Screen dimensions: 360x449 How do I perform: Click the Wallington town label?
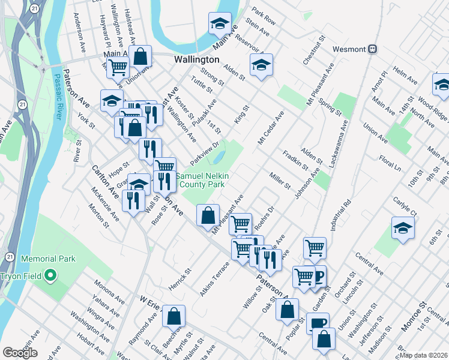[196, 60]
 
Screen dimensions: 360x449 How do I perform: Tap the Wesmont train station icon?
[373, 49]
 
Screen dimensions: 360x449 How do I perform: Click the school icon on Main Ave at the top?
[220, 25]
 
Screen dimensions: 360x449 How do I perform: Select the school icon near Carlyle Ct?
[402, 229]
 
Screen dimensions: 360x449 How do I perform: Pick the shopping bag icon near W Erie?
[173, 316]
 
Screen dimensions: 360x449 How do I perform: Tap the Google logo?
[20, 352]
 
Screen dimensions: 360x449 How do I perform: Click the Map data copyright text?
[424, 355]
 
